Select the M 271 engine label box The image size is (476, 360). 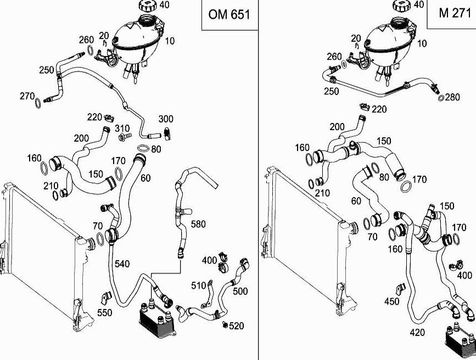click(x=455, y=14)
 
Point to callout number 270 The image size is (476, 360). click(x=27, y=96)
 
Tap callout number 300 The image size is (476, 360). click(x=166, y=119)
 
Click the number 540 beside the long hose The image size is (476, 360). click(x=122, y=264)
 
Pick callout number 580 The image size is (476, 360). click(x=198, y=224)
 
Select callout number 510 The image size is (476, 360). click(x=198, y=285)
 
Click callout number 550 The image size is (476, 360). click(x=104, y=313)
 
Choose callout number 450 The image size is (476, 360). click(x=391, y=301)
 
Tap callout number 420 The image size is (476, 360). click(x=417, y=331)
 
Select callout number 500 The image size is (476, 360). click(x=241, y=291)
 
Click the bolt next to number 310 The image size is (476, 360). click(x=124, y=136)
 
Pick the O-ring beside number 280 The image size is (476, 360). click(x=441, y=98)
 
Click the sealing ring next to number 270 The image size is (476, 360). click(x=38, y=103)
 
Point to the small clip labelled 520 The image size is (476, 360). click(x=226, y=325)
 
